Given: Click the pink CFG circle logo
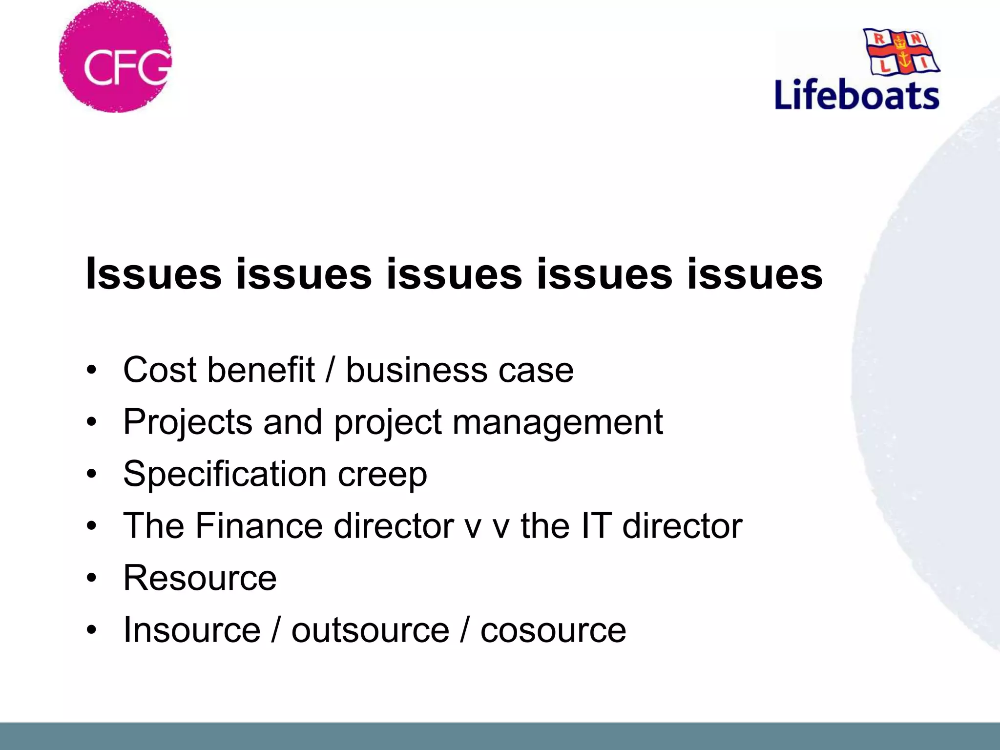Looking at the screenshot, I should pos(115,57).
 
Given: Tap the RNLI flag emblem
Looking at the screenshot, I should pos(901,51).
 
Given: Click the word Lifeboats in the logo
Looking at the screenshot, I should pos(857,95).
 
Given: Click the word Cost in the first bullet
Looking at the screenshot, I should pos(160,370).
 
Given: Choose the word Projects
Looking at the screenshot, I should pos(187,423).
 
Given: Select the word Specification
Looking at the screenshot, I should pos(225,474).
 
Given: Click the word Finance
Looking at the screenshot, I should pos(259,526).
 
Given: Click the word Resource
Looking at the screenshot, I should pos(200,578).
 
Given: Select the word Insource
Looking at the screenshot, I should pos(192,630).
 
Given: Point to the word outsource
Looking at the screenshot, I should pos(370,630).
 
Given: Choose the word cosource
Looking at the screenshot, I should pos(553,630).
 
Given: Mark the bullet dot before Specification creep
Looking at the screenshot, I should pos(91,474).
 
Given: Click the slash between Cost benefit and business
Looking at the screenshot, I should pos(330,370).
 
